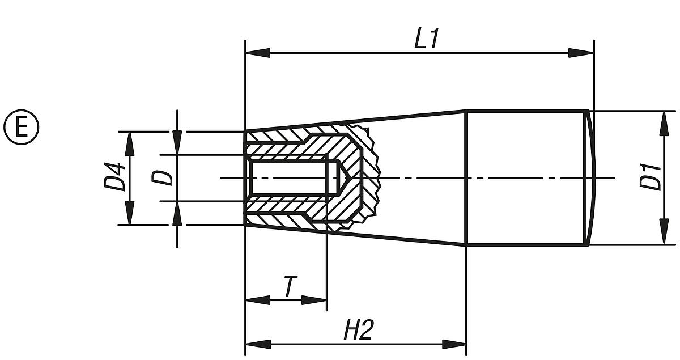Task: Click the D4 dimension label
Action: click(115, 177)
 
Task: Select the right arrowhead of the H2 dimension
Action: click(454, 344)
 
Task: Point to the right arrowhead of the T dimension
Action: click(314, 300)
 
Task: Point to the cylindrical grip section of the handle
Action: click(524, 177)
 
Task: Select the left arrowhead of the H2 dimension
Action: click(257, 344)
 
